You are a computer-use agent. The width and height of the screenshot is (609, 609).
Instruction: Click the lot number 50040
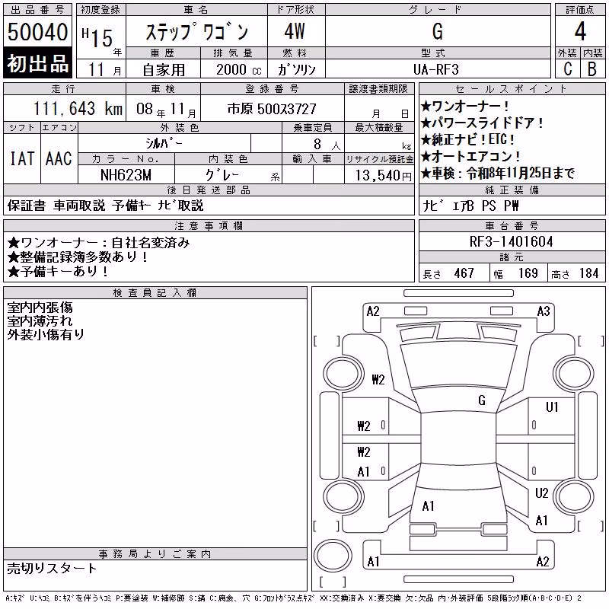(37, 32)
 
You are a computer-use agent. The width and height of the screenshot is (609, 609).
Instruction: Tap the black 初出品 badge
(37, 62)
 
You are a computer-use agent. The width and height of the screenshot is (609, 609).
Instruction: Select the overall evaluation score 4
(580, 31)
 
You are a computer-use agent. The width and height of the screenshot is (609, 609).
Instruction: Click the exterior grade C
(568, 69)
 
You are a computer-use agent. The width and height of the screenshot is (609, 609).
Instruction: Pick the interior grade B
(592, 69)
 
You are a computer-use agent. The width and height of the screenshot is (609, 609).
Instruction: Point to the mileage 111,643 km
(78, 108)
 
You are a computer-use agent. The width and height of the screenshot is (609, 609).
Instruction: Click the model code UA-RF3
(436, 69)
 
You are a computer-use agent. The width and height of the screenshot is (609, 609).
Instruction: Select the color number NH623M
(126, 175)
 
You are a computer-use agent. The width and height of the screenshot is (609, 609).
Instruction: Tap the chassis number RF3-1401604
(511, 241)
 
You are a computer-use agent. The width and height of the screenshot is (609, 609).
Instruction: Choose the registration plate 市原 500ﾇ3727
(272, 109)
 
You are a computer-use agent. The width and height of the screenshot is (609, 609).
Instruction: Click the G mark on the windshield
(482, 400)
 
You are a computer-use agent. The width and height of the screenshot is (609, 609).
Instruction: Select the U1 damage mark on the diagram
(552, 407)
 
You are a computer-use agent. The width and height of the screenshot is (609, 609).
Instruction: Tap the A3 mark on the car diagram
(544, 311)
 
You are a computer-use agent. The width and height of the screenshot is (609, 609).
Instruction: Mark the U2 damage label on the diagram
(542, 493)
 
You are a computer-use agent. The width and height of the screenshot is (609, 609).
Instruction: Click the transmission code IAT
(22, 158)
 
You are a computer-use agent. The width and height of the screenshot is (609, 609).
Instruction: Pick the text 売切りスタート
(52, 568)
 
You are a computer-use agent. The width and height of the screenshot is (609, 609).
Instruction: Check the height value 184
(588, 273)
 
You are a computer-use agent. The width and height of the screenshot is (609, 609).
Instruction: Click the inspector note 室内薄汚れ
(40, 320)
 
